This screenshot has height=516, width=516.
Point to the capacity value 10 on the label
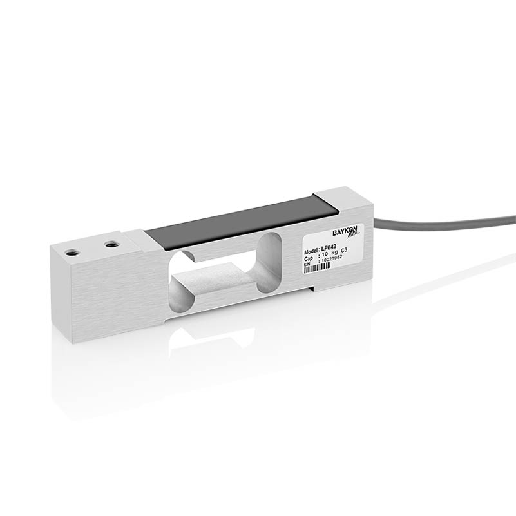coord(325,254)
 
